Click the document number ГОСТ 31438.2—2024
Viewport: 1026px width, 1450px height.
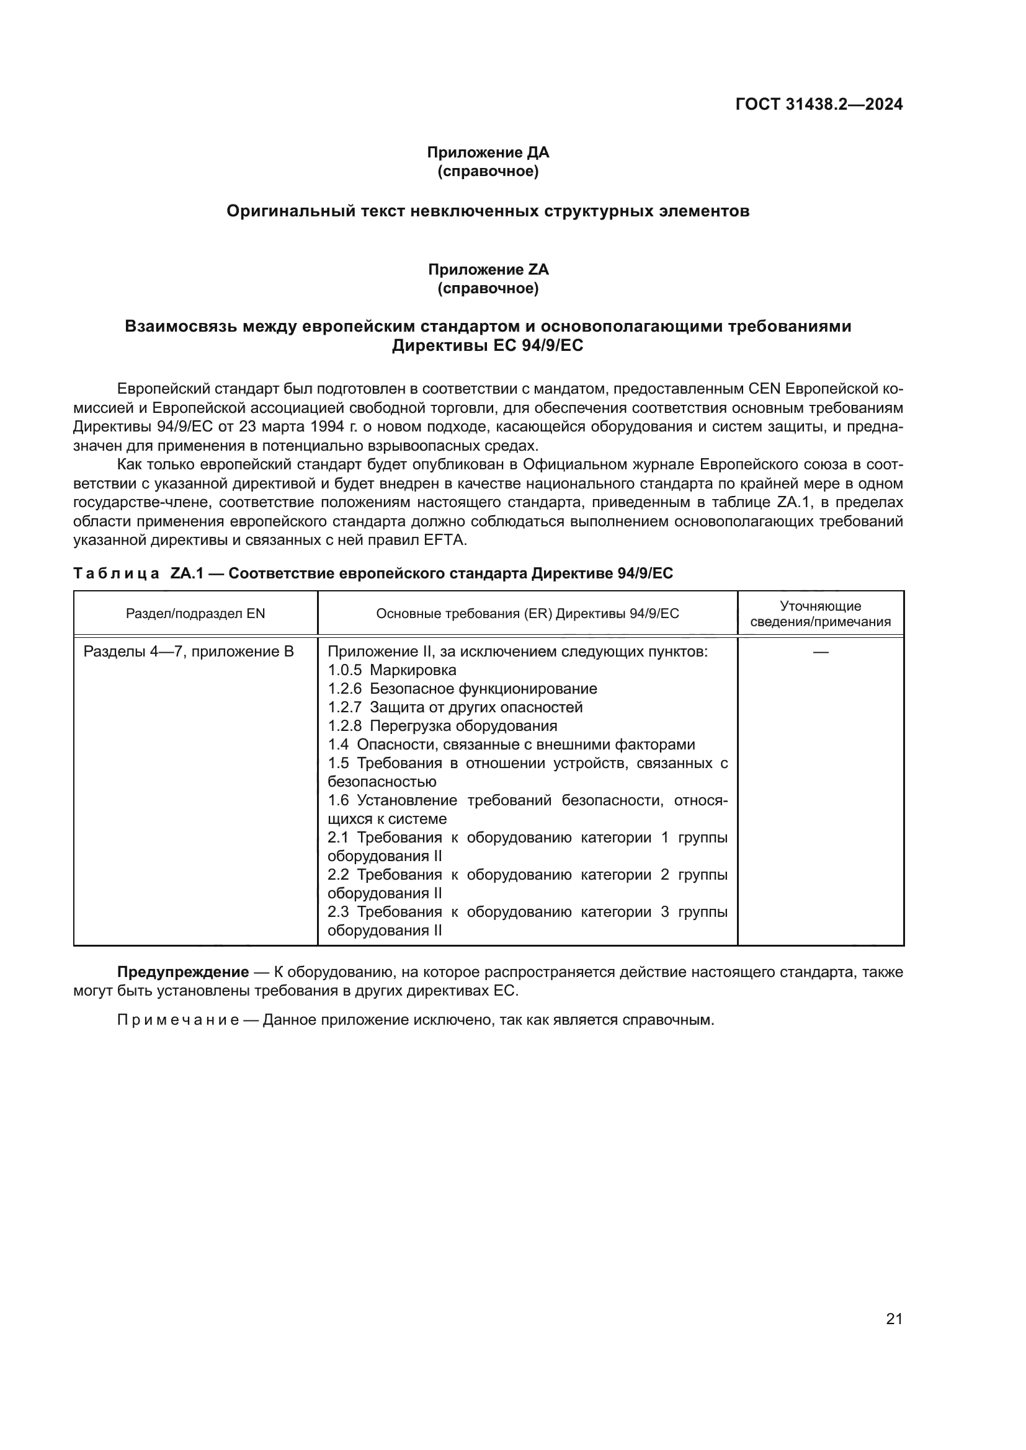(x=819, y=104)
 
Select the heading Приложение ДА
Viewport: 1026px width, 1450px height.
(x=488, y=153)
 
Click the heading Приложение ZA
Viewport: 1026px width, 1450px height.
(x=488, y=270)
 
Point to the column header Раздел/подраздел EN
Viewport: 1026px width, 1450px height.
(x=195, y=613)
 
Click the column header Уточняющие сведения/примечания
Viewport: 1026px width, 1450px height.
(x=820, y=614)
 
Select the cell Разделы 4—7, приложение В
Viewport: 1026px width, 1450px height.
(x=189, y=651)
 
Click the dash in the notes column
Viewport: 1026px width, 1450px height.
(x=820, y=651)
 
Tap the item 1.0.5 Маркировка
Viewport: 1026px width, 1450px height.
(x=391, y=670)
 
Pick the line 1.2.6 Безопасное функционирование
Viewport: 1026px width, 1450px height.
(x=462, y=688)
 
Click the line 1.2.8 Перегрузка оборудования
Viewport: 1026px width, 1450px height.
(x=442, y=726)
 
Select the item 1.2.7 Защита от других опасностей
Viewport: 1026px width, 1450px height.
(x=455, y=707)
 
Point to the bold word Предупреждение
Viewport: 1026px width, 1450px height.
(x=182, y=972)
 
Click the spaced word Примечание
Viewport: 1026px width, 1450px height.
(x=177, y=1020)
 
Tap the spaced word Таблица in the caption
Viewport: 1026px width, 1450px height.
(x=115, y=573)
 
